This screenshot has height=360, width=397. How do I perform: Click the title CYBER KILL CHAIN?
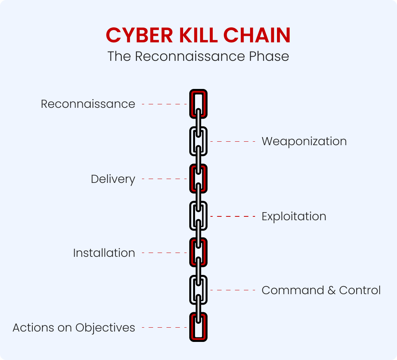[x=198, y=35]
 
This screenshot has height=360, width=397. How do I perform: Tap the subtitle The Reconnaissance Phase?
[x=198, y=56]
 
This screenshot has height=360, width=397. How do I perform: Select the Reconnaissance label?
[x=88, y=104]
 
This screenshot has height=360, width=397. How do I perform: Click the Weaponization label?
[x=304, y=141]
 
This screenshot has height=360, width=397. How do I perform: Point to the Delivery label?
[x=113, y=179]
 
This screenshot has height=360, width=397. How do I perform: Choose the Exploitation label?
[x=294, y=216]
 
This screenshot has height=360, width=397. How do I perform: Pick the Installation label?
[x=104, y=253]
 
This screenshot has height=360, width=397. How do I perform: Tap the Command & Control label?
[x=321, y=290]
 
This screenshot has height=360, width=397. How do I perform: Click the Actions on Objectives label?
[x=74, y=328]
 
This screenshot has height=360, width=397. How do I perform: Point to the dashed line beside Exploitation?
[x=233, y=216]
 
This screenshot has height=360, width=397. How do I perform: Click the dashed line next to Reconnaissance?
[x=164, y=104]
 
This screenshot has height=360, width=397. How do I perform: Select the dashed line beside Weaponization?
[x=233, y=141]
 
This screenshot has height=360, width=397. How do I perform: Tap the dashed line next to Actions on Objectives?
[x=164, y=328]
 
